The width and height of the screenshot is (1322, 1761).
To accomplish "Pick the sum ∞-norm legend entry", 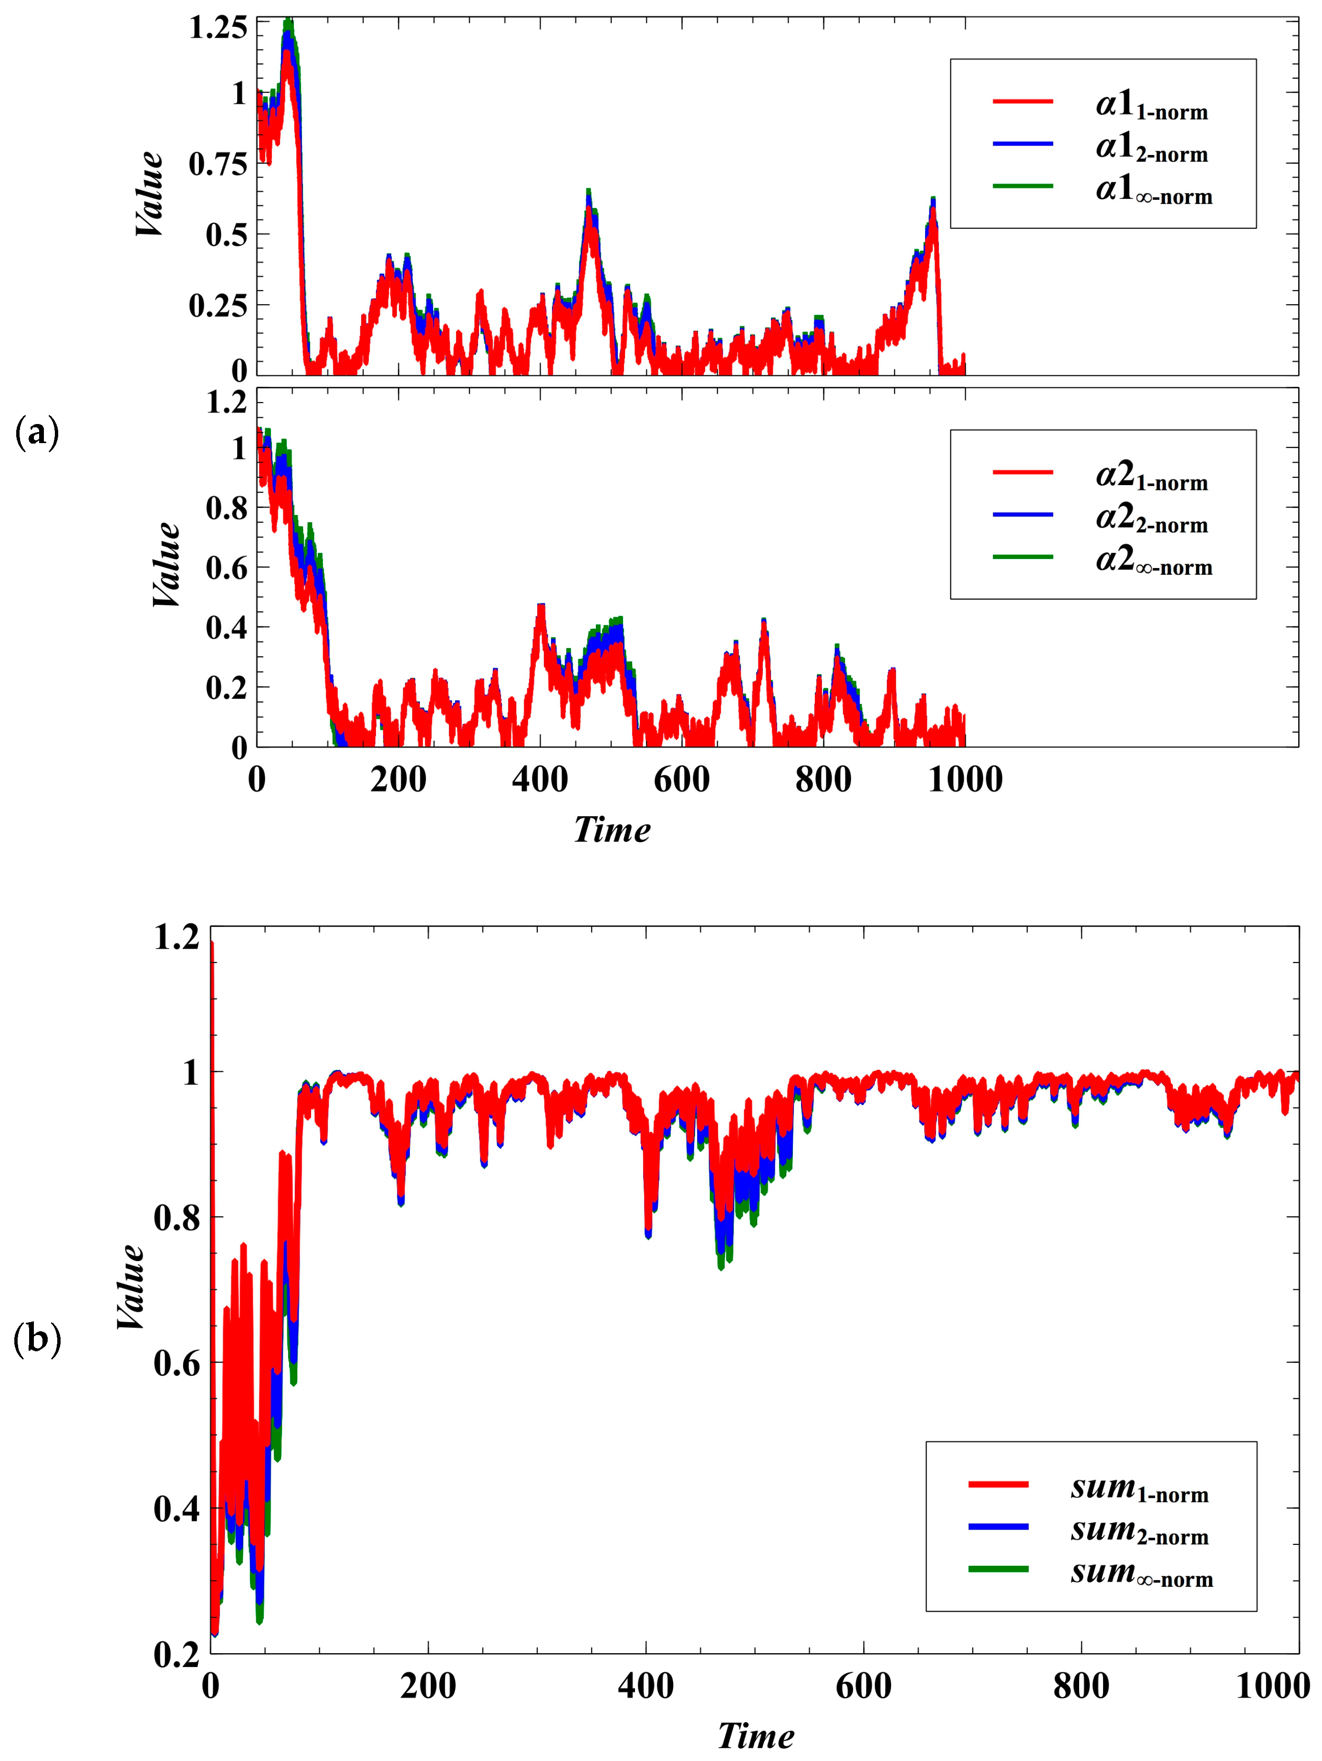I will point(1140,1572).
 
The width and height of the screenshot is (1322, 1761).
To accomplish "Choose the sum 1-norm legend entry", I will point(1139,1487).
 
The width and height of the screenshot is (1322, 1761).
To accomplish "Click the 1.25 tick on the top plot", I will point(218,28).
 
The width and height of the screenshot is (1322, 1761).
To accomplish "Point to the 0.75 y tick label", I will point(218,165).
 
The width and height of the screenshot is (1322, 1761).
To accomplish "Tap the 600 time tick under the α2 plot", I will point(682,779).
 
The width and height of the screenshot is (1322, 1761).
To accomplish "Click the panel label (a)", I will point(37,434).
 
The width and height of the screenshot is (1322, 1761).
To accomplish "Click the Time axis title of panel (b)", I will point(755,1736).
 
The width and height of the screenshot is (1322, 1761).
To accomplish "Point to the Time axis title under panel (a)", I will point(612,830).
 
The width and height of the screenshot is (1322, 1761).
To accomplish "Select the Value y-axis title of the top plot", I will point(150,194).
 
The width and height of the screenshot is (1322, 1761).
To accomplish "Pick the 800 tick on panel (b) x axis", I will point(1081,1686).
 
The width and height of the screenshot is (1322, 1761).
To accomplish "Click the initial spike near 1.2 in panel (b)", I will point(212,946).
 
